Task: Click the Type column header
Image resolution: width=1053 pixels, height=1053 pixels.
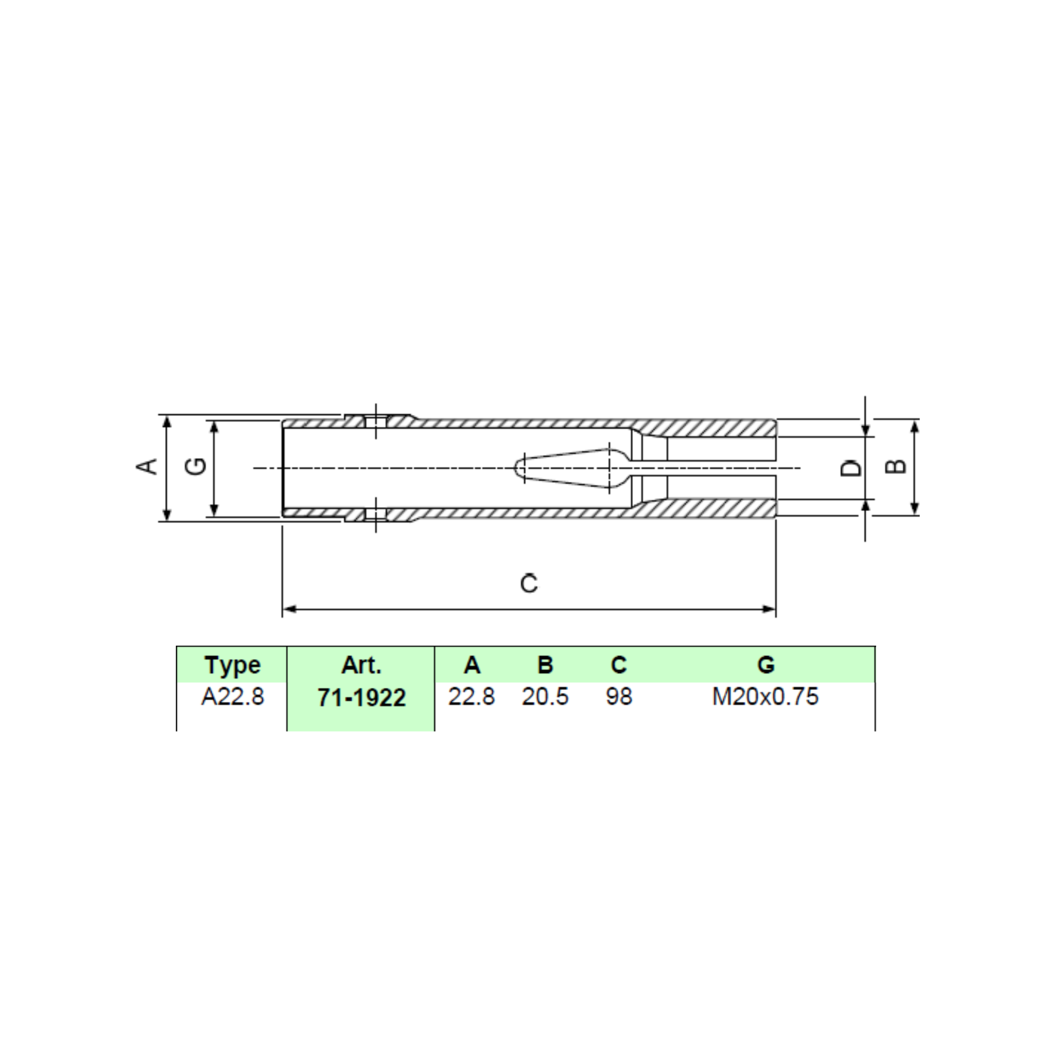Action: tap(233, 665)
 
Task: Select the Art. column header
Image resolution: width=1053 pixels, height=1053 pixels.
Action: tap(361, 665)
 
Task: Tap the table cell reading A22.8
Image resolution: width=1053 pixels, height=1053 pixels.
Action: tap(233, 697)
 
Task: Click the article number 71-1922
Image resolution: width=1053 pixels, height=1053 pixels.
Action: tap(361, 698)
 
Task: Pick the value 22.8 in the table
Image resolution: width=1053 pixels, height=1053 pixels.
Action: tap(471, 697)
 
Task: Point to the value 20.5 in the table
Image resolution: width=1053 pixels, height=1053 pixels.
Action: tap(545, 697)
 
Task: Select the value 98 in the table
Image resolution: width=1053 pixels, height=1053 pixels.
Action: tap(619, 697)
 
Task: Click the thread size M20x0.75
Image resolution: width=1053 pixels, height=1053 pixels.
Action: tap(765, 697)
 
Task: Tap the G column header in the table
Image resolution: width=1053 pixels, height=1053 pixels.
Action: tap(766, 665)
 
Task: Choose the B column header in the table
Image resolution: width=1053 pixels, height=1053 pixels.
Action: tap(546, 665)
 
